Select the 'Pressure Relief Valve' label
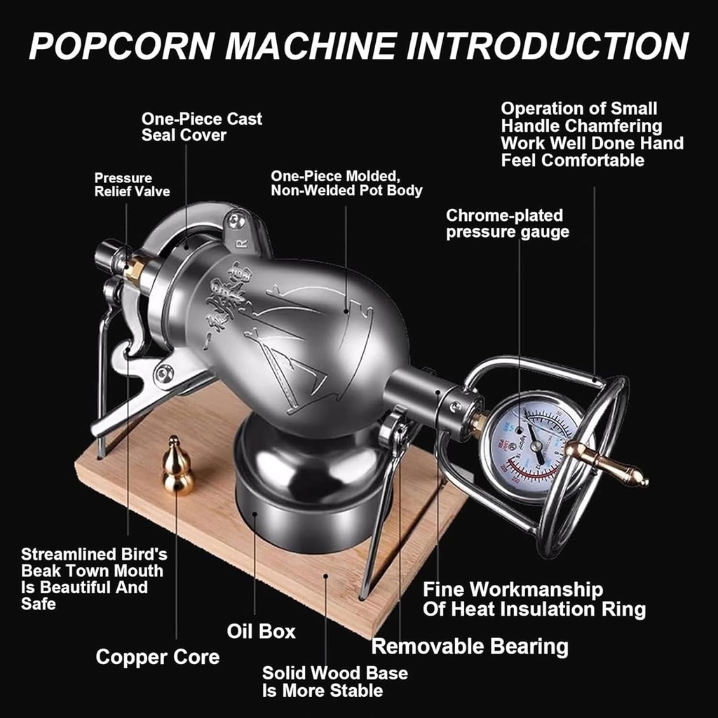pyautogui.click(x=132, y=184)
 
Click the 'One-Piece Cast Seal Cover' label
pyautogui.click(x=202, y=127)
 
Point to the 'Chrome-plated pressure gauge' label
pyautogui.click(x=507, y=224)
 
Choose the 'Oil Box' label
pyautogui.click(x=261, y=631)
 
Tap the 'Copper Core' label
pyautogui.click(x=158, y=657)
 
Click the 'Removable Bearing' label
pyautogui.click(x=470, y=646)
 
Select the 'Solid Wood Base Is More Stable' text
pyautogui.click(x=334, y=682)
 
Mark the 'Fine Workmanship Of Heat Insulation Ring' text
pyautogui.click(x=534, y=599)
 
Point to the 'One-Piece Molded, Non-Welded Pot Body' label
pyautogui.click(x=346, y=182)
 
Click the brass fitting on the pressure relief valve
pyautogui.click(x=136, y=269)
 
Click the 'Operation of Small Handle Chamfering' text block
pyautogui.click(x=591, y=134)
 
